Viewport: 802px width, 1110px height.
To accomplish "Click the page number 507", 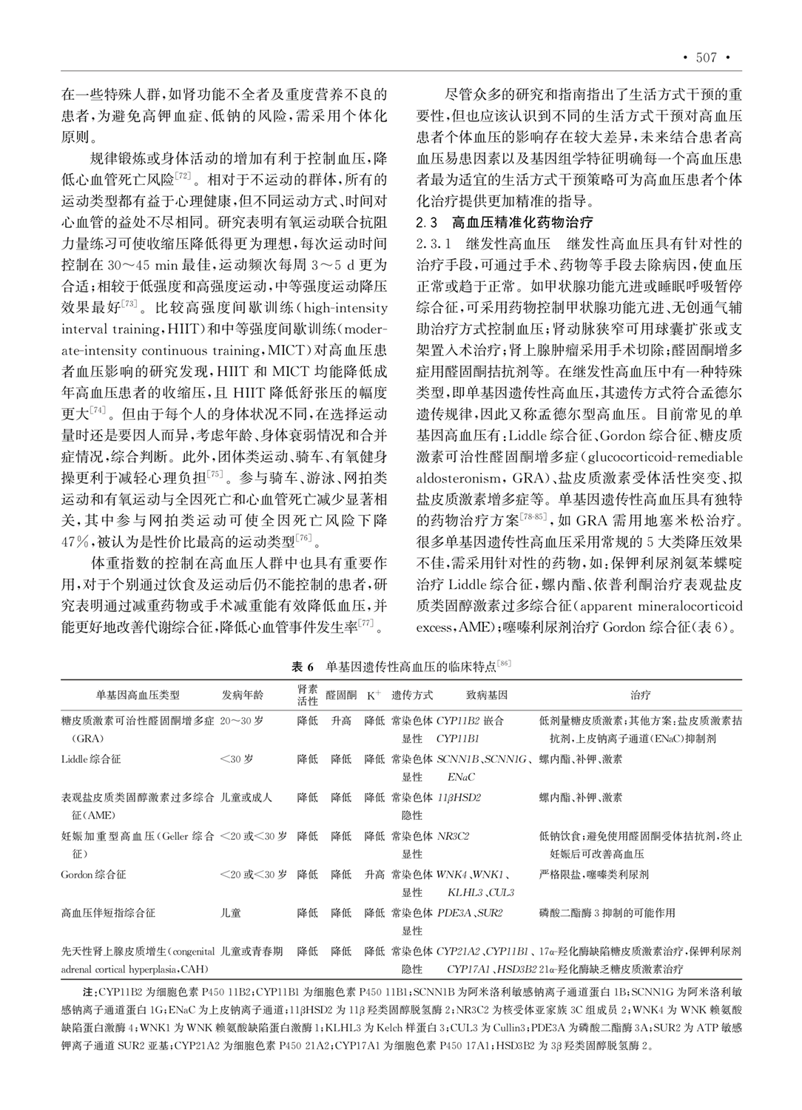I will pyautogui.click(x=707, y=58).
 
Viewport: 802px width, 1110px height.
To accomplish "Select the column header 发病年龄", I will pyautogui.click(x=242, y=696).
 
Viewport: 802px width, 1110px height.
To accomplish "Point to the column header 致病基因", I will pyautogui.click(x=486, y=696).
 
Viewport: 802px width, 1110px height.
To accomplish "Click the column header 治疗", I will pyautogui.click(x=640, y=696).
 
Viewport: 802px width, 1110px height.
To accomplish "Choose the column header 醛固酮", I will pyautogui.click(x=341, y=696).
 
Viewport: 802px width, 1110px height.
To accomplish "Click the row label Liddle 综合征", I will pyautogui.click(x=90, y=759).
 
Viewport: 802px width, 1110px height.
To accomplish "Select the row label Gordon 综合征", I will pyautogui.click(x=93, y=875).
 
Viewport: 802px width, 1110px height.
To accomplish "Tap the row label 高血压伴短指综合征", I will pyautogui.click(x=108, y=913).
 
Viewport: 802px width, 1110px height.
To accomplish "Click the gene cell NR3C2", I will pyautogui.click(x=453, y=836).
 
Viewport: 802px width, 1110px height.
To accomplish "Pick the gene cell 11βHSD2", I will pyautogui.click(x=459, y=798).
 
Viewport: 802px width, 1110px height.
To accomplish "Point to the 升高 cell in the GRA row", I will pyautogui.click(x=341, y=721).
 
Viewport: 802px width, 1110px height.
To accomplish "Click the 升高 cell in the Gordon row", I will pyautogui.click(x=374, y=875).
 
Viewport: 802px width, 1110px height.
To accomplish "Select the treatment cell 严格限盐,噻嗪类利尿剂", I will pyautogui.click(x=594, y=875).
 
